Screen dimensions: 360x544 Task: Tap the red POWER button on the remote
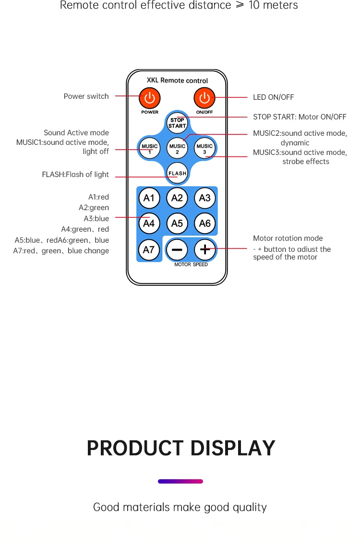point(150,98)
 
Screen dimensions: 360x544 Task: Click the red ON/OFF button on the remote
point(204,98)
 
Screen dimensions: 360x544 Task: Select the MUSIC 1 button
point(150,149)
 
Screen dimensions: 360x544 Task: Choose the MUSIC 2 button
point(177,149)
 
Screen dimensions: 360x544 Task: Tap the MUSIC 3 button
point(204,149)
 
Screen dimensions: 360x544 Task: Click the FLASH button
point(177,173)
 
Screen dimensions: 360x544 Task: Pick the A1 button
point(149,198)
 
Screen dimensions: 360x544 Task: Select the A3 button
point(205,198)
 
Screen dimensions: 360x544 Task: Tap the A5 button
point(177,224)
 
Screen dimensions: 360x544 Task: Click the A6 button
point(205,224)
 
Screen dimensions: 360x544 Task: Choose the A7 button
point(149,249)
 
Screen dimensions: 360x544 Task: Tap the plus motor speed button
point(205,249)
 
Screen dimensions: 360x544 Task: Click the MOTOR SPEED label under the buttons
point(191,264)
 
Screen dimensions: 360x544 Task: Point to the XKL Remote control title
point(177,81)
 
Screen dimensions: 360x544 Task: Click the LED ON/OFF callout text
point(273,97)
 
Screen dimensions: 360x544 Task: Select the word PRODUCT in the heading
point(135,448)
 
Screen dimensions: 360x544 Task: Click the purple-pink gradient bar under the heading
point(180,481)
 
